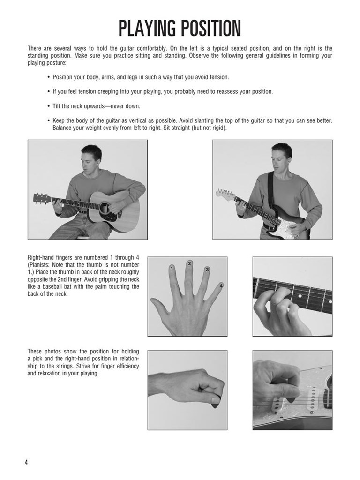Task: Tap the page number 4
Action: pos(26,462)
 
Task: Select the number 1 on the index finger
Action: pos(172,269)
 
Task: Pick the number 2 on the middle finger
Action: pos(189,263)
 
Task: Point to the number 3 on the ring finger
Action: pos(207,270)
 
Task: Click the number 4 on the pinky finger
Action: pos(221,285)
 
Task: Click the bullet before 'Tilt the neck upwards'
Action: pos(48,106)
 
